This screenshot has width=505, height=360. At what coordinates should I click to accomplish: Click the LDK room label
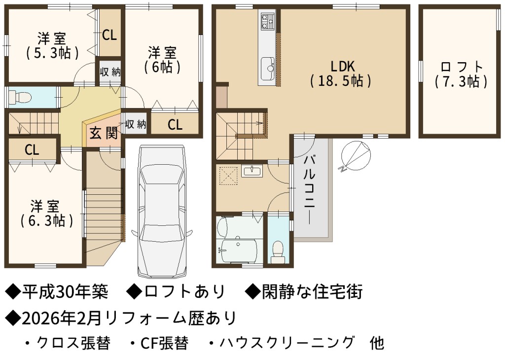click(341, 74)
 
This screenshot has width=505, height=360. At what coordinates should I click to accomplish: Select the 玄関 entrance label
click(104, 133)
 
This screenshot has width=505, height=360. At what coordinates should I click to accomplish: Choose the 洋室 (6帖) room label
click(162, 60)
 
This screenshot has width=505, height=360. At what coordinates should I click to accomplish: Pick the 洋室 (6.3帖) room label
click(46, 214)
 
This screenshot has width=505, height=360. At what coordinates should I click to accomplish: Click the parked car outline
click(162, 211)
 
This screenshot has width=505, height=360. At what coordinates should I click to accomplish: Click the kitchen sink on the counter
click(268, 68)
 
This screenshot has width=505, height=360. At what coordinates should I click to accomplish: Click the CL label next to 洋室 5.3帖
click(109, 35)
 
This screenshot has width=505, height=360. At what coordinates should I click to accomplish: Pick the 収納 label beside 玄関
click(136, 124)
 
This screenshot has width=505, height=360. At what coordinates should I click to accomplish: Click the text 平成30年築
click(65, 292)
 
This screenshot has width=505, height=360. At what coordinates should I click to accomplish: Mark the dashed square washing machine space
click(228, 175)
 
